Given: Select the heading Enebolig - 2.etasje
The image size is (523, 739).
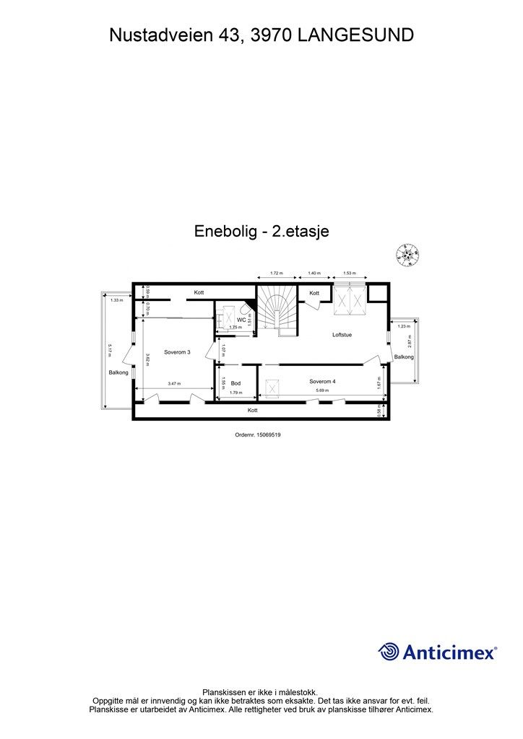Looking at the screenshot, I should (x=261, y=231).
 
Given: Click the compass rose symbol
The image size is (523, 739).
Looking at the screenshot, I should (x=407, y=254).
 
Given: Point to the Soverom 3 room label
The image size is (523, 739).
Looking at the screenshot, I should (x=177, y=352).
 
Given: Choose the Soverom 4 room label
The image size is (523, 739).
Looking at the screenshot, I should (x=322, y=381).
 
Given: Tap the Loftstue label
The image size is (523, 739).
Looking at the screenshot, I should (x=342, y=335).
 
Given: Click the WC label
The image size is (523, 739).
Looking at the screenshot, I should (x=232, y=318).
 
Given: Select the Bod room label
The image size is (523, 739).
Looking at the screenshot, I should (x=235, y=383).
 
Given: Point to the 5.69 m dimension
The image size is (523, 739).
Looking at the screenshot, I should (x=322, y=390).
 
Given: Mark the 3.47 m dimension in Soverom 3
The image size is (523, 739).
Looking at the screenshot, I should (x=173, y=384).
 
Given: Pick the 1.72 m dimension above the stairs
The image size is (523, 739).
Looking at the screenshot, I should (x=276, y=274).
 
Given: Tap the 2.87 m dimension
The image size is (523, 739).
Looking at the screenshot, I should (x=410, y=342).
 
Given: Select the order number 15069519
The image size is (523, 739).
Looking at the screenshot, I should (x=258, y=434).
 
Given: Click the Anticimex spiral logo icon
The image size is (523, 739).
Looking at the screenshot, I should (x=389, y=652).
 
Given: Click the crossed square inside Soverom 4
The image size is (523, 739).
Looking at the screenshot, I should (x=272, y=388).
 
